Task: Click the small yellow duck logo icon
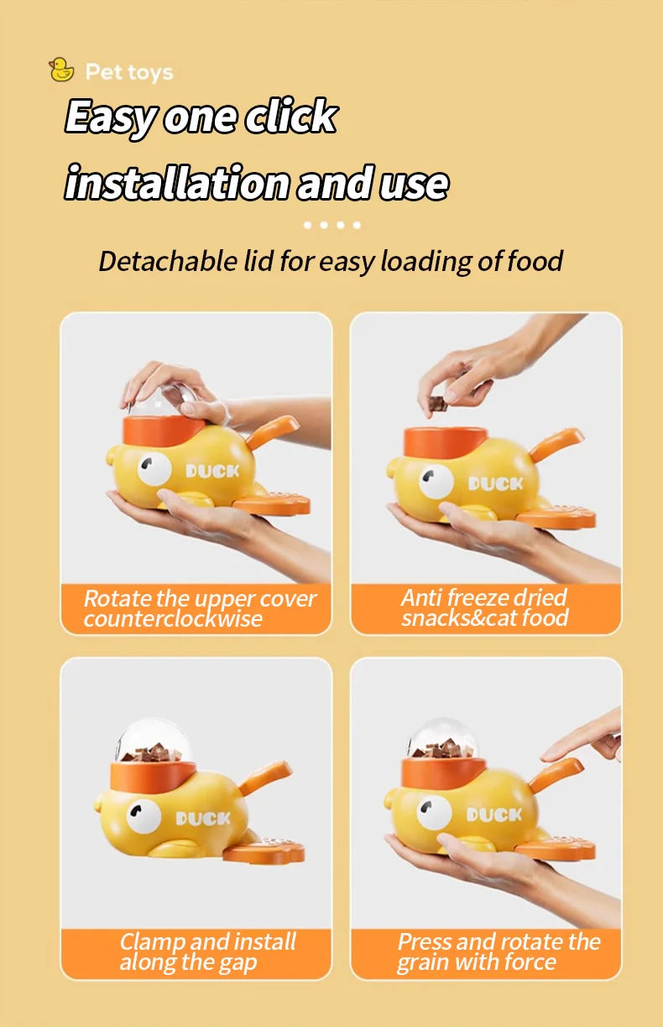61,70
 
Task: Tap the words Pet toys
129,72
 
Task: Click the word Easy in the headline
111,116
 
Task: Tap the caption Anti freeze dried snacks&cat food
484,608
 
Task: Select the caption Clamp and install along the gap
207,951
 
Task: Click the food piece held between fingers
436,404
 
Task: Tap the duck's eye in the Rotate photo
154,471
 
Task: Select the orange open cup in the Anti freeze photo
445,441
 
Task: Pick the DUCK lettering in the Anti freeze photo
495,483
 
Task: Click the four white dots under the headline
331,225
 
